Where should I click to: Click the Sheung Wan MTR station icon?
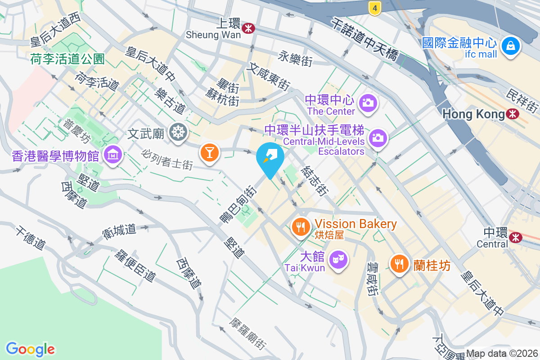pos(247,28)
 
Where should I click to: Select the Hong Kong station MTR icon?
pos(512,114)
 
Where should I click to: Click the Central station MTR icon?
pos(515,236)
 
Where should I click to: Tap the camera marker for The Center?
pos(368,102)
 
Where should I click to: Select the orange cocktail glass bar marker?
pos(209,151)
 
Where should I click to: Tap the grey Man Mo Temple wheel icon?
pos(178,132)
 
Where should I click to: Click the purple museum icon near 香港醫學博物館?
pos(112,155)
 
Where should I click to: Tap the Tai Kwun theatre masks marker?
pos(337,260)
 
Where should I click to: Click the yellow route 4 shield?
pos(374,7)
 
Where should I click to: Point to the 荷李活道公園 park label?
pos(67,58)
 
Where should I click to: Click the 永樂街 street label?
pos(295,58)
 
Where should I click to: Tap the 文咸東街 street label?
pos(269,76)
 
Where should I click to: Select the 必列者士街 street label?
pos(167,159)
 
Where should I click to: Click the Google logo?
pos(30,349)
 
